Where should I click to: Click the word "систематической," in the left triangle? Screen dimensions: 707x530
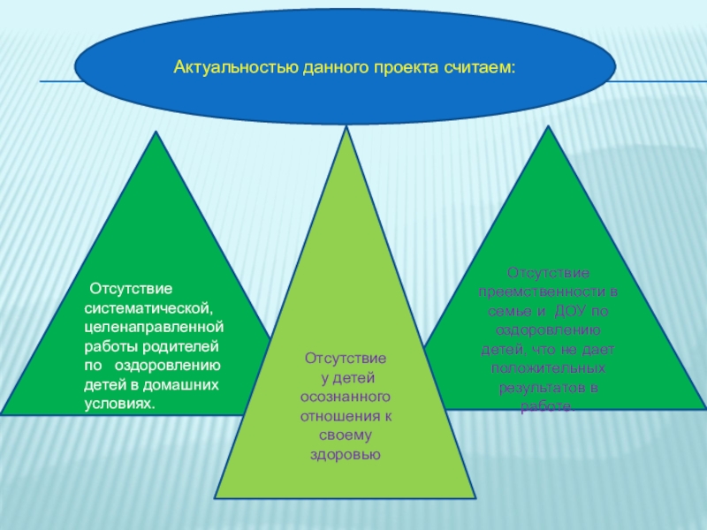click(x=148, y=307)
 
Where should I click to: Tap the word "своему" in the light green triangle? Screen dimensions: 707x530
click(x=346, y=435)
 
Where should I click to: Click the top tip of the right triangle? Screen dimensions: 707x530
click(x=549, y=126)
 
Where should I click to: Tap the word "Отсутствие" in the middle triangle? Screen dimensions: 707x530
click(x=346, y=359)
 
